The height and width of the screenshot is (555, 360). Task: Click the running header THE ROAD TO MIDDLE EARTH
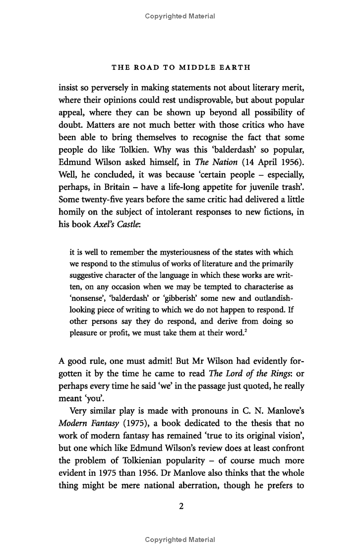click(180, 67)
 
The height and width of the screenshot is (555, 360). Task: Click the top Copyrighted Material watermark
click(180, 16)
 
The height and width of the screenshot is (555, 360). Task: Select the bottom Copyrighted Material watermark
click(180, 540)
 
